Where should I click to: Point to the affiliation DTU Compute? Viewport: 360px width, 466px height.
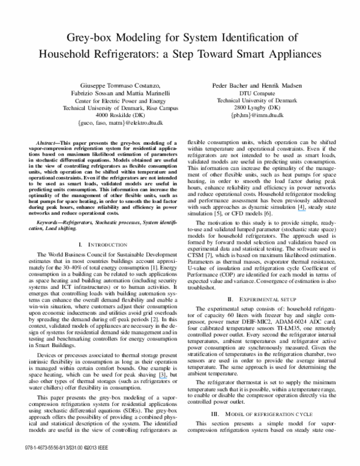[251, 94]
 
